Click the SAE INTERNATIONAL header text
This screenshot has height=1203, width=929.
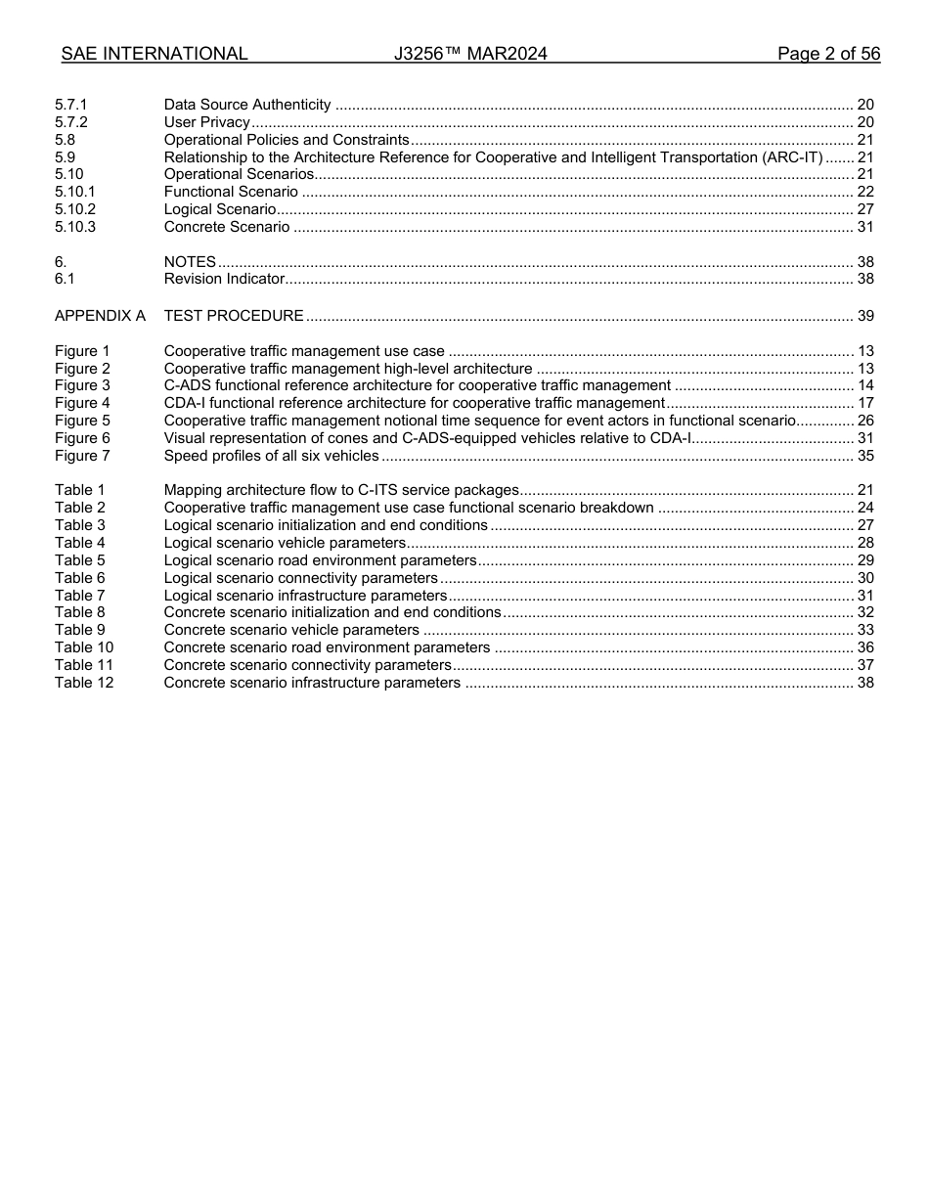(155, 54)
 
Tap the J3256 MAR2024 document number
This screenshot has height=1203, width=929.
(470, 54)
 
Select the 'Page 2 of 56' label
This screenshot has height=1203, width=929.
(828, 54)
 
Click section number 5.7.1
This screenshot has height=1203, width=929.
(71, 105)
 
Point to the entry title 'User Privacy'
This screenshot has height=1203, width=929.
(207, 122)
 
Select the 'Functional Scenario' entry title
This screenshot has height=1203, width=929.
(231, 192)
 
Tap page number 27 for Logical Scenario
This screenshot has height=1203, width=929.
(864, 209)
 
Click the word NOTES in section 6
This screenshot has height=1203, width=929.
(190, 262)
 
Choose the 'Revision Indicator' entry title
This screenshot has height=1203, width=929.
(224, 279)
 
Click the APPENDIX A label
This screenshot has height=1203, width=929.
(100, 316)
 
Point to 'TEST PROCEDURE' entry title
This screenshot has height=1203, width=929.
(234, 316)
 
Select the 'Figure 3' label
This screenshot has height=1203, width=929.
(82, 385)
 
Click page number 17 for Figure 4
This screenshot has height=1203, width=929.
(864, 403)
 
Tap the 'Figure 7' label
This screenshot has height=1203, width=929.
(82, 456)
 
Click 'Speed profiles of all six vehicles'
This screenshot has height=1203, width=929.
(271, 456)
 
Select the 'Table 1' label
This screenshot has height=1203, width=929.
(79, 490)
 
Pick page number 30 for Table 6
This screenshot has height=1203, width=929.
(864, 578)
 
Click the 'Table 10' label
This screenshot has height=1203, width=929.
(84, 647)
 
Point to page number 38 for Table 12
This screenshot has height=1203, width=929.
(864, 683)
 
